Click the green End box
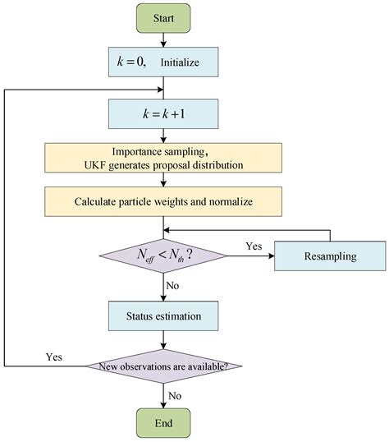[x=164, y=424]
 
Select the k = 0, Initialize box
[x=164, y=61]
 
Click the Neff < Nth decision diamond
[x=164, y=256]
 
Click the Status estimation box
[x=164, y=315]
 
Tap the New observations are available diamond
[x=164, y=365]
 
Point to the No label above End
[x=174, y=394]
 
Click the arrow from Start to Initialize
[x=164, y=39]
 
